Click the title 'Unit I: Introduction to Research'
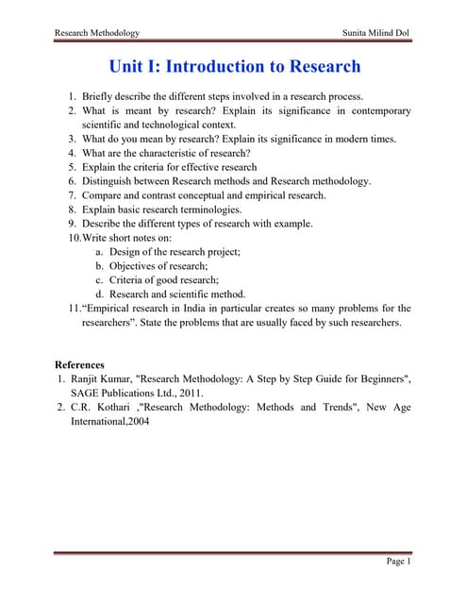(x=234, y=67)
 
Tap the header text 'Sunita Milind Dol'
(x=378, y=33)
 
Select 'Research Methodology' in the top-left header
(x=97, y=33)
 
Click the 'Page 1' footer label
(x=398, y=562)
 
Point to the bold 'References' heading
(x=80, y=364)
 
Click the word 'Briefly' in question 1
(x=99, y=96)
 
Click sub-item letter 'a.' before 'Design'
(x=99, y=252)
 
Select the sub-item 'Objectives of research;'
(x=163, y=266)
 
